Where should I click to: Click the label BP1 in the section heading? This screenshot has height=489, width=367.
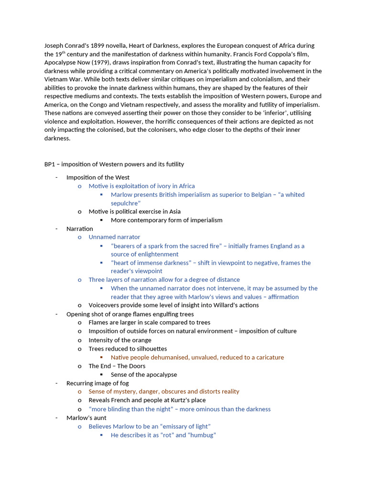point(50,164)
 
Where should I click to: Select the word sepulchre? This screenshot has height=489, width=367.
point(125,203)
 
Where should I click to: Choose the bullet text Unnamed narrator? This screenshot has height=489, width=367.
point(114,237)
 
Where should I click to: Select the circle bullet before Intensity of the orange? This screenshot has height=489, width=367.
point(80,340)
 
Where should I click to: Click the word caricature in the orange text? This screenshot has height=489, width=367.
point(268,358)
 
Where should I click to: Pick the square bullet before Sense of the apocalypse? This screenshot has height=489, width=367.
point(102,375)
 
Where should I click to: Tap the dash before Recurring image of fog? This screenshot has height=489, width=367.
point(56,383)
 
